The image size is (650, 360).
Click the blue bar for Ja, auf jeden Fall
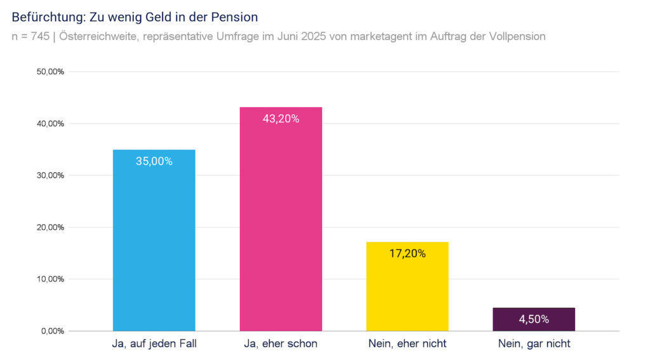[154, 248]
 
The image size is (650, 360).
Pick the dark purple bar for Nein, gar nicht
[534, 319]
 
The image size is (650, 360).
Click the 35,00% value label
[154, 161]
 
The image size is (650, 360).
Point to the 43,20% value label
[281, 119]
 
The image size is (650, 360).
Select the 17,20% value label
[408, 253]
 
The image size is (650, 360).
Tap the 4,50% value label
[534, 319]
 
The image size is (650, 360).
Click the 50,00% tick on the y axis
[51, 72]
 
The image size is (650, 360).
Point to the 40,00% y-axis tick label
[51, 124]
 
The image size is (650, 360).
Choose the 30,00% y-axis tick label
[51, 175]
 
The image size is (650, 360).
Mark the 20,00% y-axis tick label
[51, 227]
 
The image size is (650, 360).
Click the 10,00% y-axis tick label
[51, 279]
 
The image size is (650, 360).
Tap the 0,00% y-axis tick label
[53, 331]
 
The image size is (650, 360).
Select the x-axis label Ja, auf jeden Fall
[154, 344]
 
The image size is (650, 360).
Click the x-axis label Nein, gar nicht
[534, 344]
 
